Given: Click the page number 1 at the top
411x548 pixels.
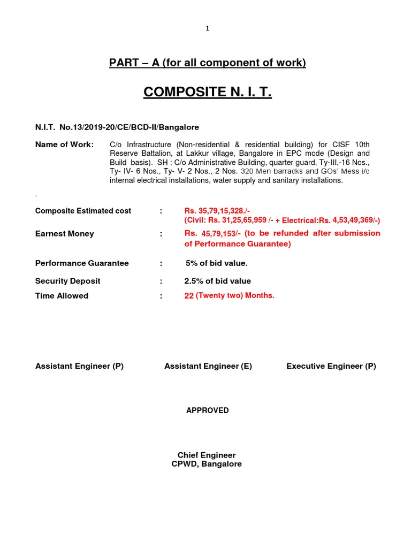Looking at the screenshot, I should (208, 29).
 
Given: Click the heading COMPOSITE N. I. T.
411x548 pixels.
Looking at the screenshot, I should (208, 92).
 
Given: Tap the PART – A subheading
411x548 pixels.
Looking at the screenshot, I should (208, 63).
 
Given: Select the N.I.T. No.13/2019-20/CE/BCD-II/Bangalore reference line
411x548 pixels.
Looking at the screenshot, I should (117, 127).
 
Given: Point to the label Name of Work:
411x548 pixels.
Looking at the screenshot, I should (64, 144).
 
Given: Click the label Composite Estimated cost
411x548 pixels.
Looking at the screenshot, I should (83, 211).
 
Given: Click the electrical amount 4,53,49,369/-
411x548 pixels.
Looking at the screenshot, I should (356, 220).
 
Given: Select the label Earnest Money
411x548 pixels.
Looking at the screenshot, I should (64, 233).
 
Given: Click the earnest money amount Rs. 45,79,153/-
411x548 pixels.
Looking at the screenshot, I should (210, 233).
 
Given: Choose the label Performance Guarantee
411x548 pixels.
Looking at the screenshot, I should (82, 263).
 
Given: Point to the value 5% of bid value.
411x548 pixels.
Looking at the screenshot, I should (216, 263).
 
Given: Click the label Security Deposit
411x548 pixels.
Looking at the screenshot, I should (67, 281).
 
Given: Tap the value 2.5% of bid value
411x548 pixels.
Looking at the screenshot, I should (217, 281).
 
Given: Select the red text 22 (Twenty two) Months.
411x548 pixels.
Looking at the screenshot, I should (229, 296).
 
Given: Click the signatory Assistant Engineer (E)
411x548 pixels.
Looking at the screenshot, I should (208, 366).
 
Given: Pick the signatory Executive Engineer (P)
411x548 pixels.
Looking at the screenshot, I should (331, 366).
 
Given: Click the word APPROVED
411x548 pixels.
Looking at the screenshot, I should (208, 410).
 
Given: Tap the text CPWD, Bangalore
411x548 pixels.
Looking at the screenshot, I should (207, 464).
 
